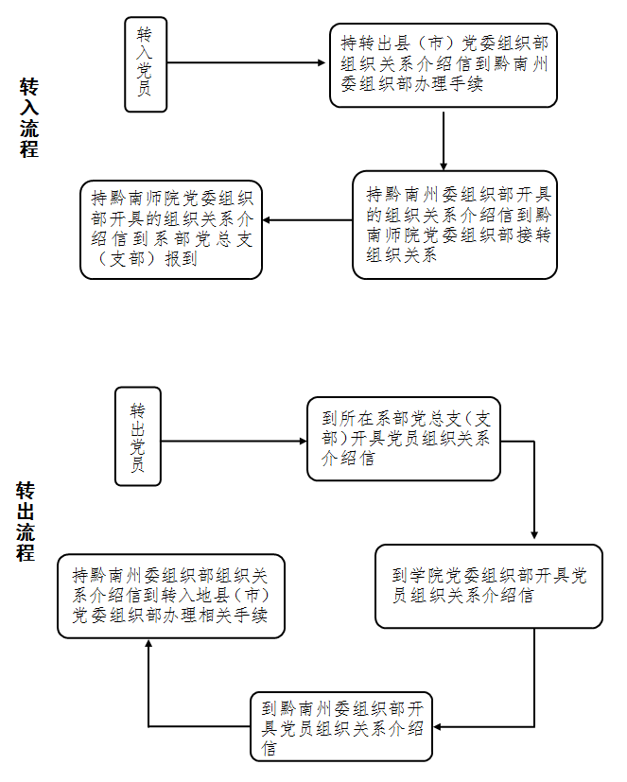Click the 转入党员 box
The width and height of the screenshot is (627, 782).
[146, 64]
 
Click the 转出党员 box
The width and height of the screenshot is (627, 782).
[138, 436]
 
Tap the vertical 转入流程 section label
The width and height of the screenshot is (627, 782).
[29, 117]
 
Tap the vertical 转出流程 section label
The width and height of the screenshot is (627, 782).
[26, 521]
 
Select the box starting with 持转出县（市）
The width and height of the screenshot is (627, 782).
[444, 64]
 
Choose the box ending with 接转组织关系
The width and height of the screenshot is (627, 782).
[455, 224]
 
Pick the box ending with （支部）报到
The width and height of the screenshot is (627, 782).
[171, 229]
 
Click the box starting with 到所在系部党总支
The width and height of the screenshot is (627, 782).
[404, 439]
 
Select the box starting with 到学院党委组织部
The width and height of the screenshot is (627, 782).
[489, 586]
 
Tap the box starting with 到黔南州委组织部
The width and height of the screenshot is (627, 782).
[341, 726]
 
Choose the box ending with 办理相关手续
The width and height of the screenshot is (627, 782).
[171, 596]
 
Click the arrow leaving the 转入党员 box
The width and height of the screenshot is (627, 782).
[246, 64]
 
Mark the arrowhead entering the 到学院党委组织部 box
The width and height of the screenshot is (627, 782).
[534, 536]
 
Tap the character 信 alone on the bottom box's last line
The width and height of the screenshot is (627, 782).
[270, 749]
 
